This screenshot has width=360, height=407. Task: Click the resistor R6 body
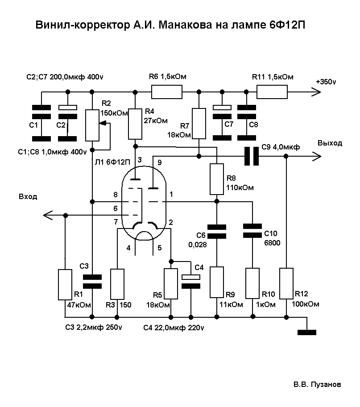point(167,92)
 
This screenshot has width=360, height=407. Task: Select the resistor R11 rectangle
point(272,92)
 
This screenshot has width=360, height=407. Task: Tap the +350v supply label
point(326,83)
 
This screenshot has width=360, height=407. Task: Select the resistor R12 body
point(286,283)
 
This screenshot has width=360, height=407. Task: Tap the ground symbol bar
point(306,332)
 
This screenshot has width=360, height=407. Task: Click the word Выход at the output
point(330,143)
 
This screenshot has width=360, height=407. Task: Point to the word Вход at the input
point(28,196)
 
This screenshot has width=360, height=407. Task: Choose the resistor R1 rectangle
point(65,284)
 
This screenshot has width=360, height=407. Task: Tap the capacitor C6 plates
point(217,232)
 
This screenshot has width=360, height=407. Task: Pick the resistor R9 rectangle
point(217,282)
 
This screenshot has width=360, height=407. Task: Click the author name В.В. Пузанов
point(317,384)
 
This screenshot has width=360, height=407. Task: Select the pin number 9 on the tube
point(160,162)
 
